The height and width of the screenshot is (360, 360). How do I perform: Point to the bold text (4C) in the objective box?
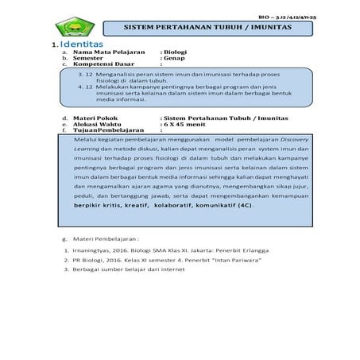(242, 204)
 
